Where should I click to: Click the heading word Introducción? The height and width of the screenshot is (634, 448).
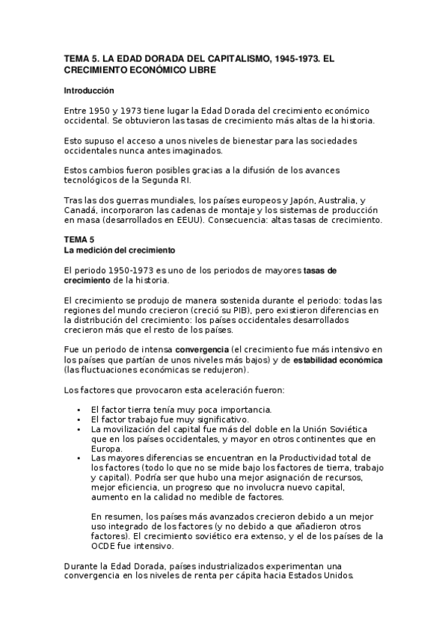pyautogui.click(x=88, y=91)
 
